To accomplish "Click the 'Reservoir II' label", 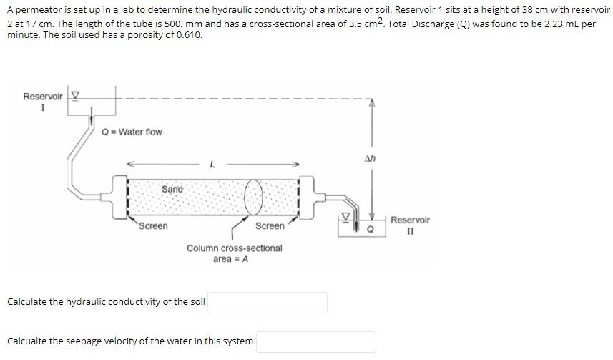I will click(x=410, y=225).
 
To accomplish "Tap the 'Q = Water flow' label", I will click(x=132, y=132).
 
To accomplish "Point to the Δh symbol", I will click(x=370, y=159).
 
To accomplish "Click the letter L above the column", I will click(x=212, y=164).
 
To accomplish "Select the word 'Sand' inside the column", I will click(x=172, y=189).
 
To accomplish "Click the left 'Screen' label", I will click(x=153, y=226).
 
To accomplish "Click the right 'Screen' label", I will click(x=270, y=226).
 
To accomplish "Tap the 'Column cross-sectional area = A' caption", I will click(x=234, y=253).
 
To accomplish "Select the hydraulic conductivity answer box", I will click(x=267, y=302).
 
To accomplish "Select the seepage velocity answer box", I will click(x=315, y=341).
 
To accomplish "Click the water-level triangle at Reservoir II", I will click(x=346, y=215).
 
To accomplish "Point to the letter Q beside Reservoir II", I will click(x=370, y=230).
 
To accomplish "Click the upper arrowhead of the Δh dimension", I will click(x=370, y=102).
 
